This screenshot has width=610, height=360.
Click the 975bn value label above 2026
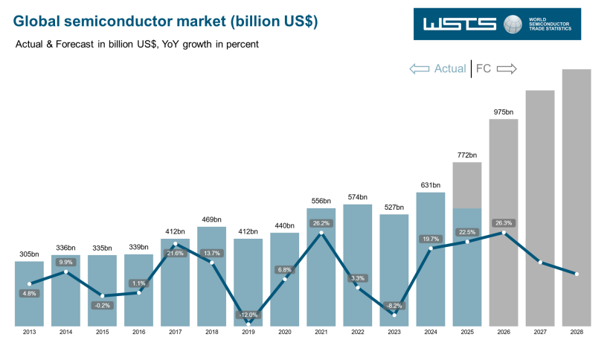point(504,112)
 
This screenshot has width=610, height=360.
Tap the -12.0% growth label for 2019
point(248,315)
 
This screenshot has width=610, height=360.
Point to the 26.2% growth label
point(321,222)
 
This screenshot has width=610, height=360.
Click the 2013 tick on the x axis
point(29,332)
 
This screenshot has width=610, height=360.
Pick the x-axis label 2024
point(431,332)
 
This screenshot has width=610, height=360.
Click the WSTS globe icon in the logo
point(512,24)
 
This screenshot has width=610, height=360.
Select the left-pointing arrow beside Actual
point(420,69)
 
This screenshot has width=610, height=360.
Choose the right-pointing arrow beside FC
point(507,69)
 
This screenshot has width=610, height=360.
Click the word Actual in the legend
point(449,69)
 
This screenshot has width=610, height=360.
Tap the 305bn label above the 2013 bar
point(29,254)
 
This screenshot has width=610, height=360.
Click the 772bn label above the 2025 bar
point(467,155)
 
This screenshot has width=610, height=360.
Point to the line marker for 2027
point(540,263)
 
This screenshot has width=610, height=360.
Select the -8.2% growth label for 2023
point(394,306)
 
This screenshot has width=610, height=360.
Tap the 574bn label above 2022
point(358,197)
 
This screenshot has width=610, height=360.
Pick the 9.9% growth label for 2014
point(65,262)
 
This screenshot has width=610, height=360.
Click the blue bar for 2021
point(321,275)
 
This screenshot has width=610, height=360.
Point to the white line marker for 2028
point(577,274)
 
